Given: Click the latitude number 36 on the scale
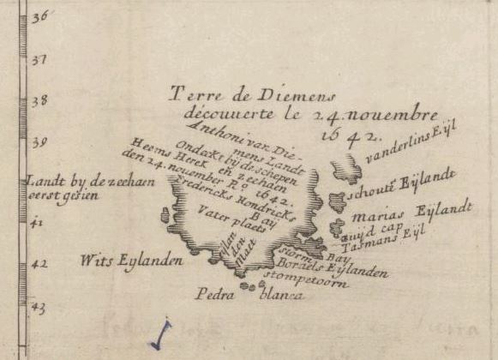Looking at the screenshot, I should [x=39, y=17].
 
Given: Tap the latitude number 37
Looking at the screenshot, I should [x=39, y=62].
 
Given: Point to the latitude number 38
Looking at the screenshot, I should [x=39, y=101].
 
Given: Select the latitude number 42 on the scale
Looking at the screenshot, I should [x=39, y=264].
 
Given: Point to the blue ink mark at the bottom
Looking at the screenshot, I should [x=160, y=335].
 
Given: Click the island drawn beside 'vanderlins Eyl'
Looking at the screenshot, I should [x=346, y=170].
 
